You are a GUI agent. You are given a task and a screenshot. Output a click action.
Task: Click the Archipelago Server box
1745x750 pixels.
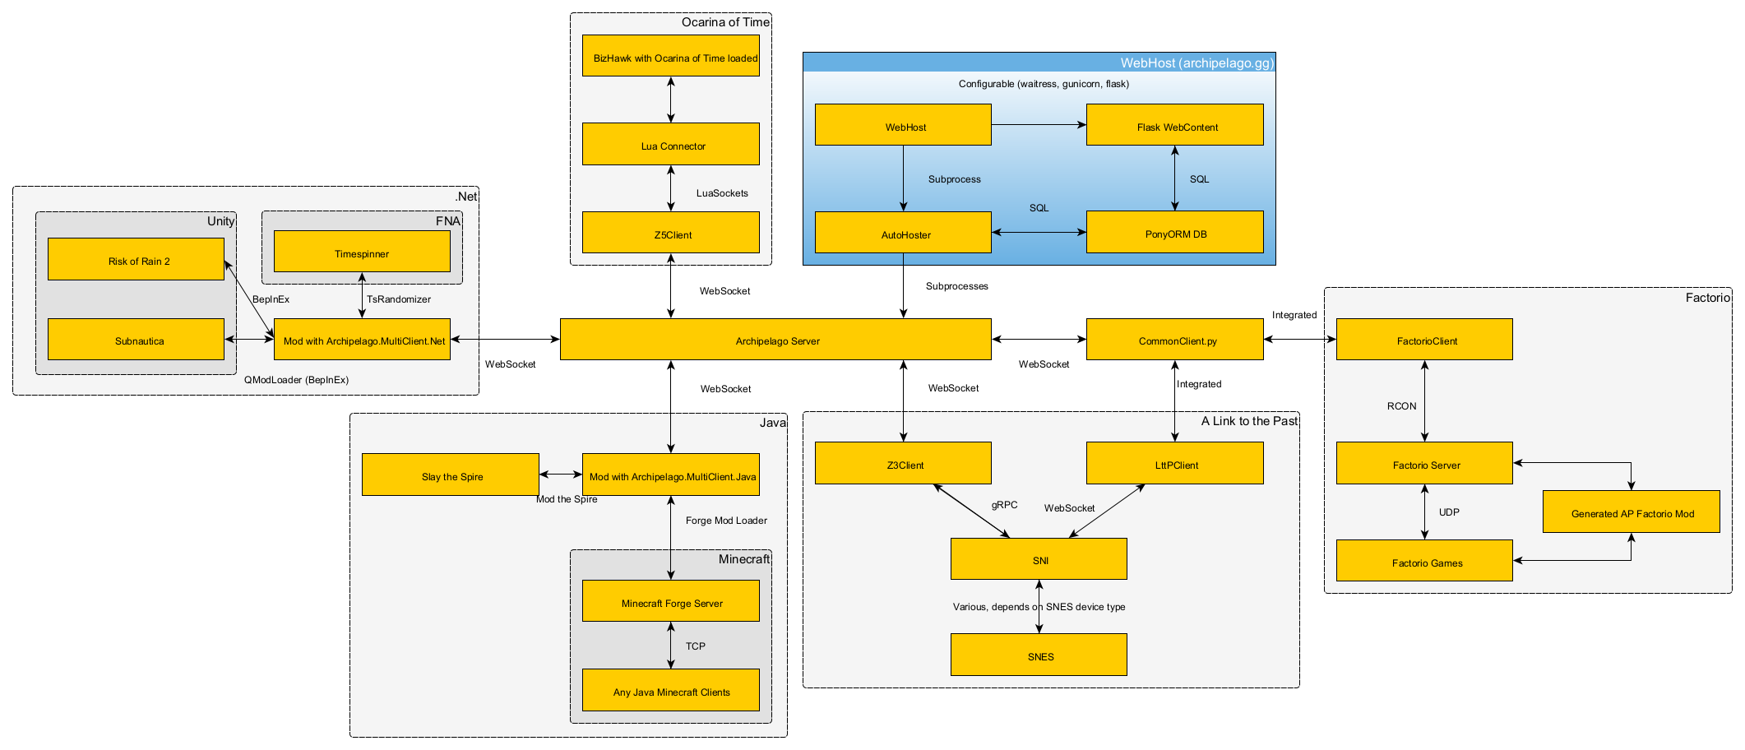click(x=775, y=340)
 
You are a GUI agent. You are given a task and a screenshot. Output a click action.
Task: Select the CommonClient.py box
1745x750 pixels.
click(x=1174, y=340)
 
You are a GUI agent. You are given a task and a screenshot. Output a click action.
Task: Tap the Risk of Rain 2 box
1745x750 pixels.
click(x=136, y=260)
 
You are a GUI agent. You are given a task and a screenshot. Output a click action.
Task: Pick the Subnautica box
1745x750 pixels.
click(x=136, y=340)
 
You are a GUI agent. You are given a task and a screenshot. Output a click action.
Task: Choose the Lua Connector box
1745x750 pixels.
click(x=670, y=145)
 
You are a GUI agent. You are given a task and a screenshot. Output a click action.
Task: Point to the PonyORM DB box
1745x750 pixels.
click(x=1174, y=233)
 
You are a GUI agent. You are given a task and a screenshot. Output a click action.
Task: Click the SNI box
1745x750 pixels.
click(x=1039, y=559)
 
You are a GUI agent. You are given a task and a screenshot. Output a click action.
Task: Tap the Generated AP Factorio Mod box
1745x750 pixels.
click(x=1631, y=512)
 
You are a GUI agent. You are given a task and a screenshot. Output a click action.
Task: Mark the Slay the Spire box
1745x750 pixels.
click(x=450, y=475)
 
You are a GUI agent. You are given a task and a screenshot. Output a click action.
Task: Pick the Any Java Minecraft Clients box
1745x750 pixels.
click(x=670, y=691)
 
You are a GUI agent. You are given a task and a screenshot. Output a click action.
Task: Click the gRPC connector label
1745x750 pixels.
click(x=1004, y=505)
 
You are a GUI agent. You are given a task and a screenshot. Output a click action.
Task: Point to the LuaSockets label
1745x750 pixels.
click(x=722, y=193)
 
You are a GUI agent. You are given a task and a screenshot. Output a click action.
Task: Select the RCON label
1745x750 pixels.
click(x=1401, y=406)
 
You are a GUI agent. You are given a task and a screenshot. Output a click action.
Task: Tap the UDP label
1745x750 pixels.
click(x=1449, y=512)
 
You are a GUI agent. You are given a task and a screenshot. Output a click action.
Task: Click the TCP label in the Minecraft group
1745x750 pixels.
click(x=696, y=646)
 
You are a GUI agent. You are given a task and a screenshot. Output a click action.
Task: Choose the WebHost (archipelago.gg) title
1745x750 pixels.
click(x=1197, y=63)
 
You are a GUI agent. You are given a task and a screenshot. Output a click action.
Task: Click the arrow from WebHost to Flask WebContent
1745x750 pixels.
click(x=1039, y=125)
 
